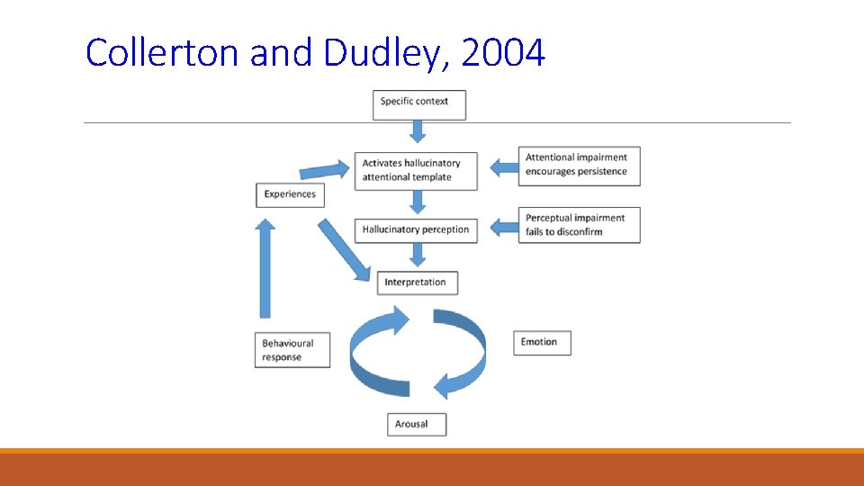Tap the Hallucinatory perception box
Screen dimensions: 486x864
pyautogui.click(x=416, y=229)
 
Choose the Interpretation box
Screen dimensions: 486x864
pyautogui.click(x=416, y=283)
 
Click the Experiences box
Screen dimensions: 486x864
pyautogui.click(x=290, y=194)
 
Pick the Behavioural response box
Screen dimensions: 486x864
pyautogui.click(x=292, y=350)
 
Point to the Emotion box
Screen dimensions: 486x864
pyautogui.click(x=544, y=342)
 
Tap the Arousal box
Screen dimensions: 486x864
pyautogui.click(x=416, y=424)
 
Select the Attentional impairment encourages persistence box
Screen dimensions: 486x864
pyautogui.click(x=579, y=165)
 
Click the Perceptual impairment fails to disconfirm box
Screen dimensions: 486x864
pyautogui.click(x=579, y=225)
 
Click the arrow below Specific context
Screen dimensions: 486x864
pyautogui.click(x=417, y=132)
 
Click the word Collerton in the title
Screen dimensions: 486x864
pyautogui.click(x=163, y=54)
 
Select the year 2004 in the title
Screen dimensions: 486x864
pyautogui.click(x=501, y=54)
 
